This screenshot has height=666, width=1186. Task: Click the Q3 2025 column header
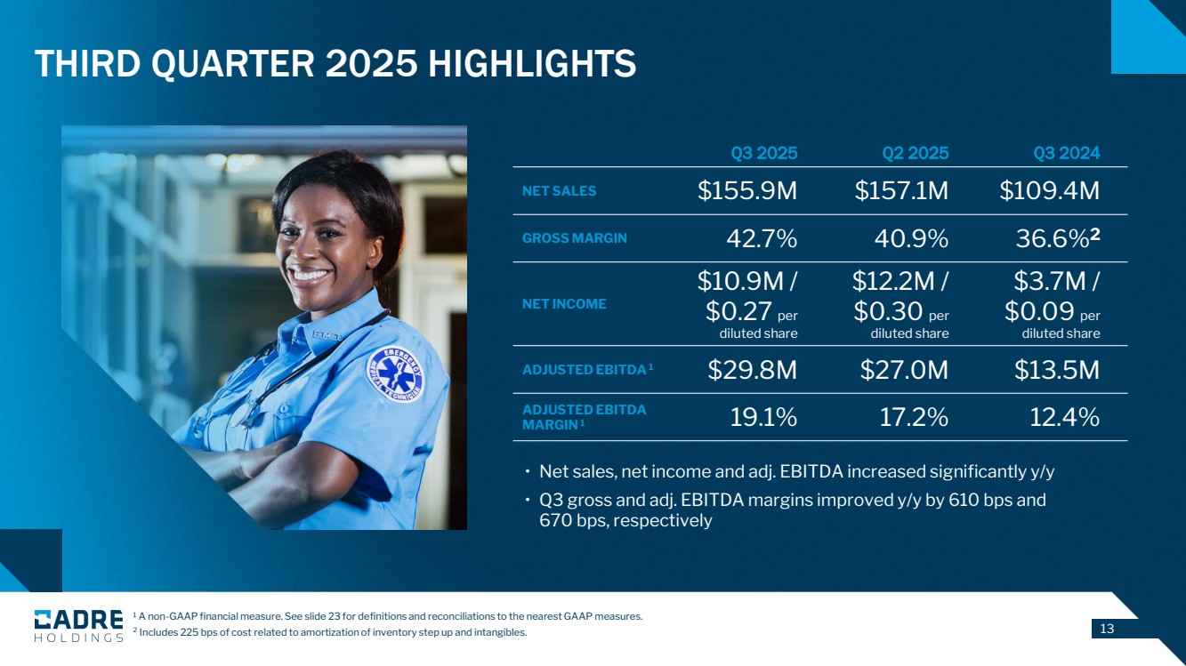[x=763, y=153]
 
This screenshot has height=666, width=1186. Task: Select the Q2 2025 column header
[x=915, y=153]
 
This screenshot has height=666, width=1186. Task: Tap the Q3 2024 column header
[x=1066, y=153]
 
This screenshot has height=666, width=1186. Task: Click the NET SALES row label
[x=559, y=191]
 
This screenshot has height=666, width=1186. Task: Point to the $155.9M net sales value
[x=747, y=191]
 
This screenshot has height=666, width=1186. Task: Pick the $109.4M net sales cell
[x=1049, y=191]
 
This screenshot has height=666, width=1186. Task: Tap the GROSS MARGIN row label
[x=574, y=238]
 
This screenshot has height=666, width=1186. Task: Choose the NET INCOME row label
[x=564, y=304]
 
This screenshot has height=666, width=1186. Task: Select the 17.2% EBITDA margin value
[x=914, y=417]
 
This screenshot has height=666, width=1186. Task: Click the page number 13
[x=1107, y=630]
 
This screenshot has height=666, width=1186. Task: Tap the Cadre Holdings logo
[x=78, y=625]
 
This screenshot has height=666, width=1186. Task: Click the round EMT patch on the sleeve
[x=395, y=373]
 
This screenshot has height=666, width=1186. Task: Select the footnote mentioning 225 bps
[x=329, y=633]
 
